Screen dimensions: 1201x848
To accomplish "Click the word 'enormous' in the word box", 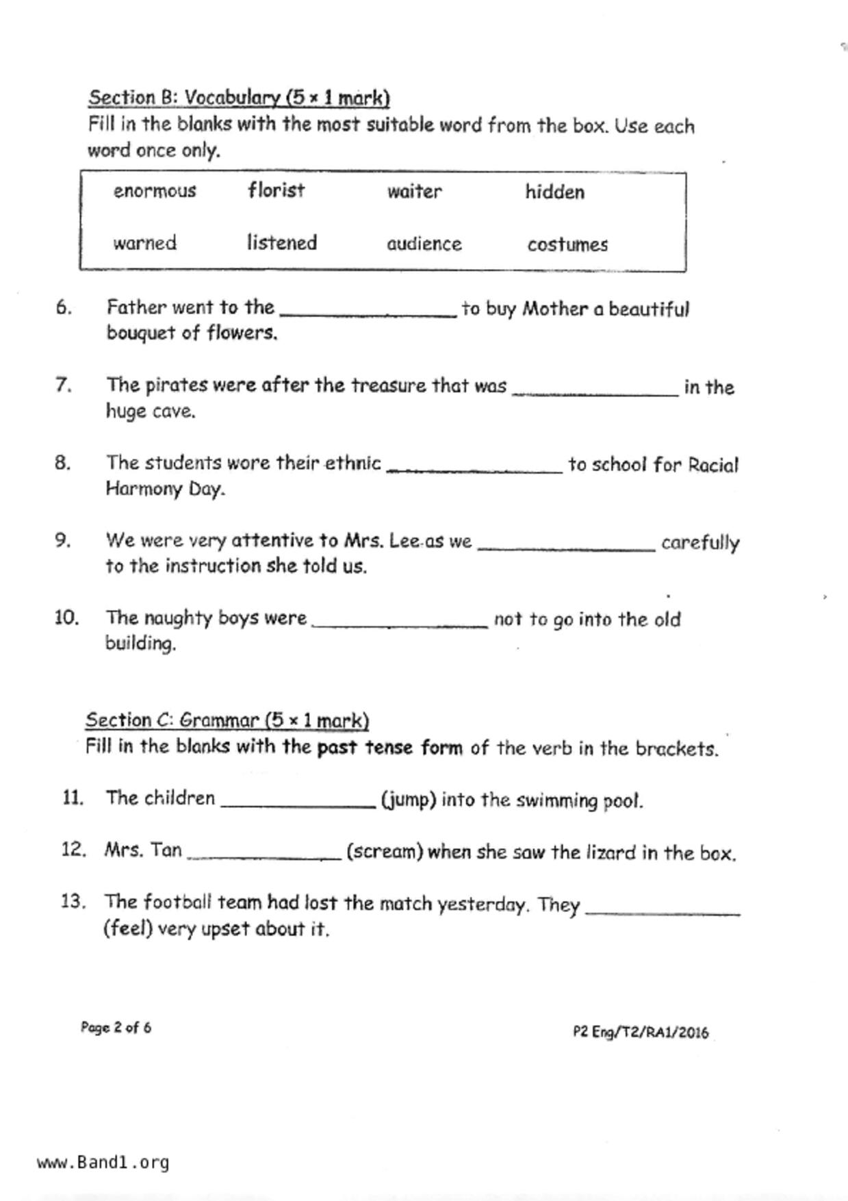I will pyautogui.click(x=155, y=190).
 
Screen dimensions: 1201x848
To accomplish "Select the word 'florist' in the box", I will pyautogui.click(x=276, y=190).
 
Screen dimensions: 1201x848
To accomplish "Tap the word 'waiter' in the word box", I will pyautogui.click(x=414, y=191).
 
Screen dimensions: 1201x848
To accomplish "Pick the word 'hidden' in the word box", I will pyautogui.click(x=554, y=192).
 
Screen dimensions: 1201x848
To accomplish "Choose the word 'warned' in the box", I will pyautogui.click(x=144, y=243).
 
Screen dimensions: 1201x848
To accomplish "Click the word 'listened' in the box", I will pyautogui.click(x=281, y=242).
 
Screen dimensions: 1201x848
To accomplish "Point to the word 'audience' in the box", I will pyautogui.click(x=424, y=244).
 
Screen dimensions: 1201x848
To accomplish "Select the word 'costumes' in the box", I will pyautogui.click(x=567, y=244).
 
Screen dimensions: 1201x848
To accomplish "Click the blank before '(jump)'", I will pyautogui.click(x=298, y=802).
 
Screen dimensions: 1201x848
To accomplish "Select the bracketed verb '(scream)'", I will pyautogui.click(x=385, y=852).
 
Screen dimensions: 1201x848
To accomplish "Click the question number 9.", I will pyautogui.click(x=63, y=540).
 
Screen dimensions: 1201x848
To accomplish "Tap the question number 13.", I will pyautogui.click(x=73, y=901).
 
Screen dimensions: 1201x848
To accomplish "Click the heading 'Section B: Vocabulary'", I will pyautogui.click(x=238, y=98).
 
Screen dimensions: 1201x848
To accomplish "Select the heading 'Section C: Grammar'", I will pyautogui.click(x=227, y=720).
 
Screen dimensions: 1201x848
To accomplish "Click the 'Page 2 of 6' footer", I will pyautogui.click(x=116, y=1027).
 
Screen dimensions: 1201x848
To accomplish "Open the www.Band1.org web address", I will pyautogui.click(x=103, y=1162).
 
